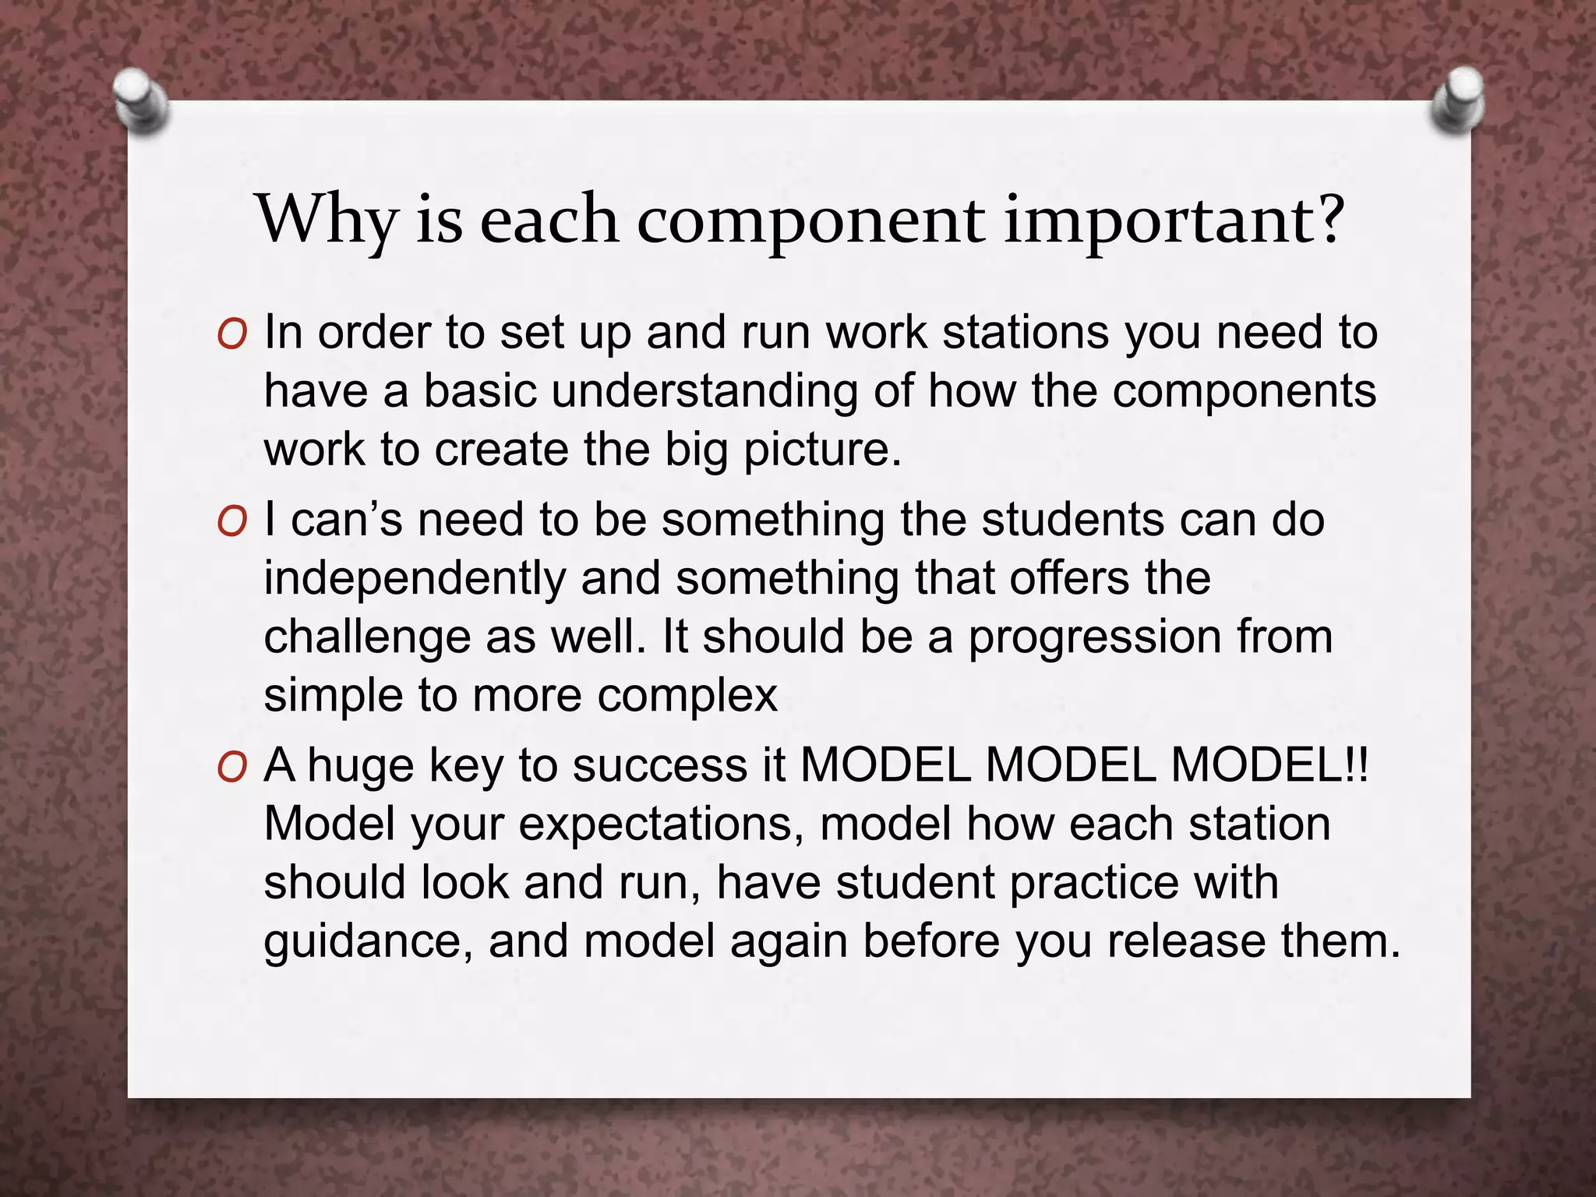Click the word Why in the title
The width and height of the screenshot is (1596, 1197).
pos(327,220)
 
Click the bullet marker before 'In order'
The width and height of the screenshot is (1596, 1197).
pos(232,336)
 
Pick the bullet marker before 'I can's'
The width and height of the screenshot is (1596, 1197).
pos(232,523)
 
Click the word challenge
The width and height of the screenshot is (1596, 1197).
pos(367,637)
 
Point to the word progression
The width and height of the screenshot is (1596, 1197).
pos(1094,637)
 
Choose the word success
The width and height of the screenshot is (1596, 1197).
pos(660,766)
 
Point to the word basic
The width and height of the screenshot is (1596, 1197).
pos(480,391)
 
